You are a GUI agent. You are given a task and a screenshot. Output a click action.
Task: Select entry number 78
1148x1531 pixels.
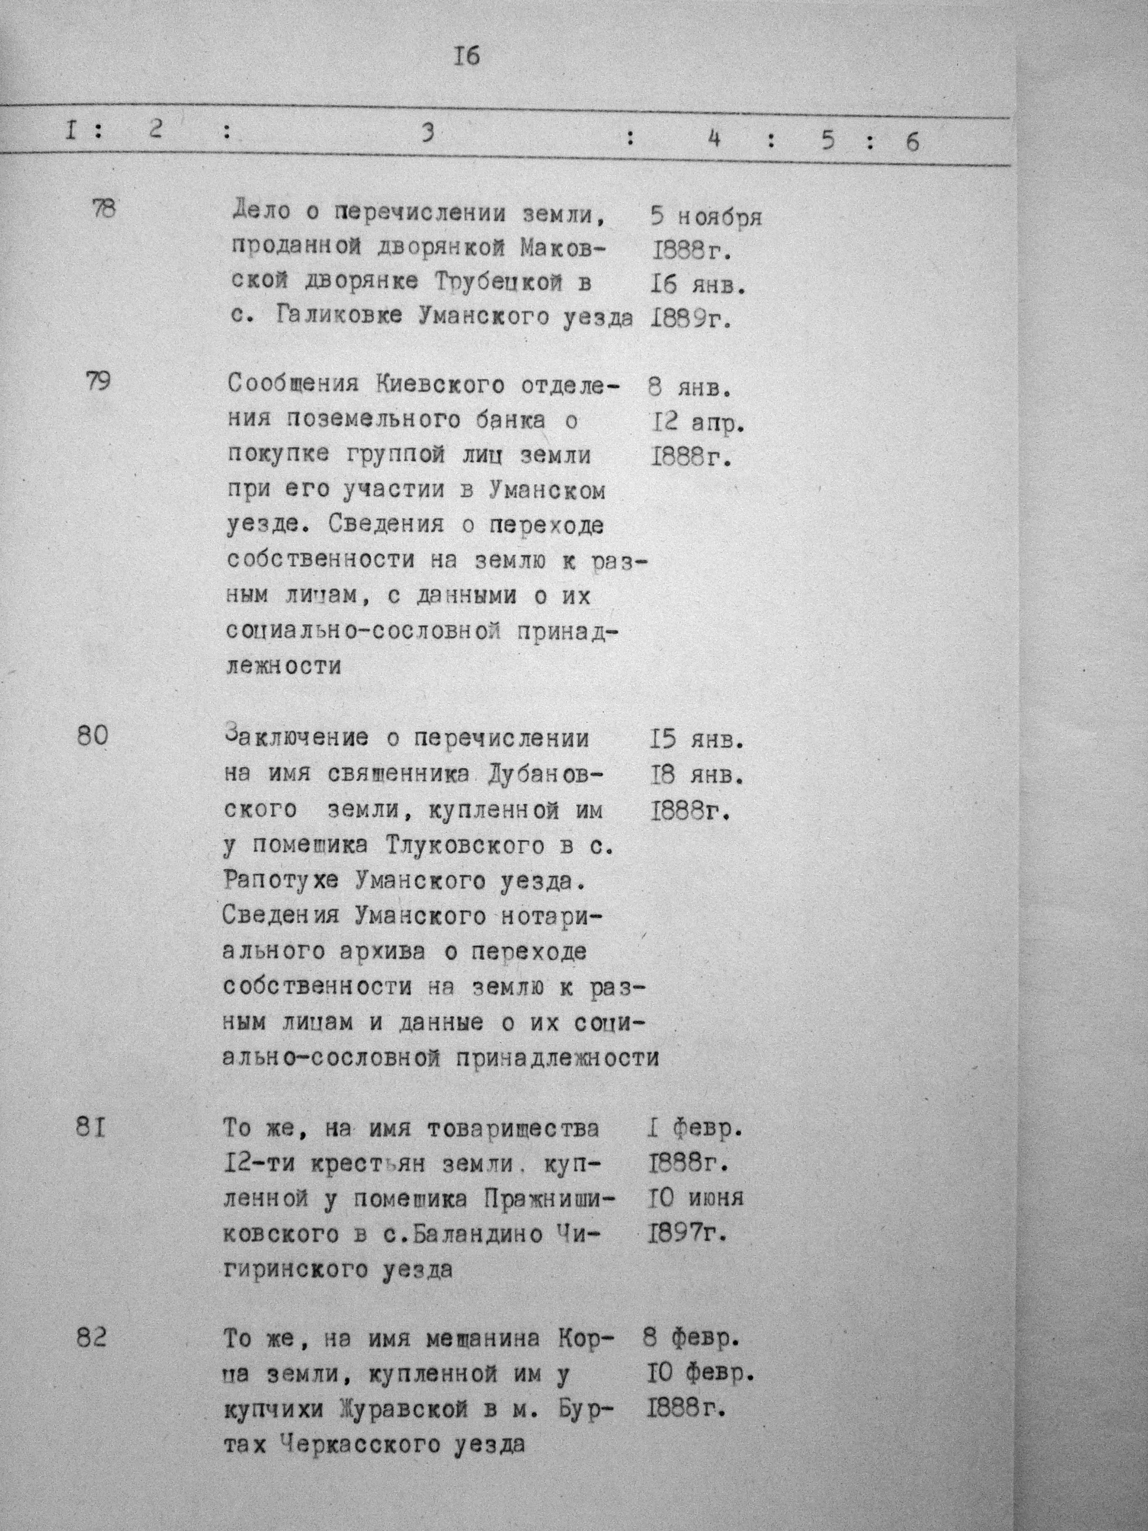[x=104, y=209]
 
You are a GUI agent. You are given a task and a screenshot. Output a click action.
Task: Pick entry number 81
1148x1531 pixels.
[x=91, y=1129]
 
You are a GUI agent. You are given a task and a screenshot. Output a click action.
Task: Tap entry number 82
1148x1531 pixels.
[x=92, y=1338]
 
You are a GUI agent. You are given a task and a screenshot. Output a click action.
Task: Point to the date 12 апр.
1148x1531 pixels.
[x=698, y=422]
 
